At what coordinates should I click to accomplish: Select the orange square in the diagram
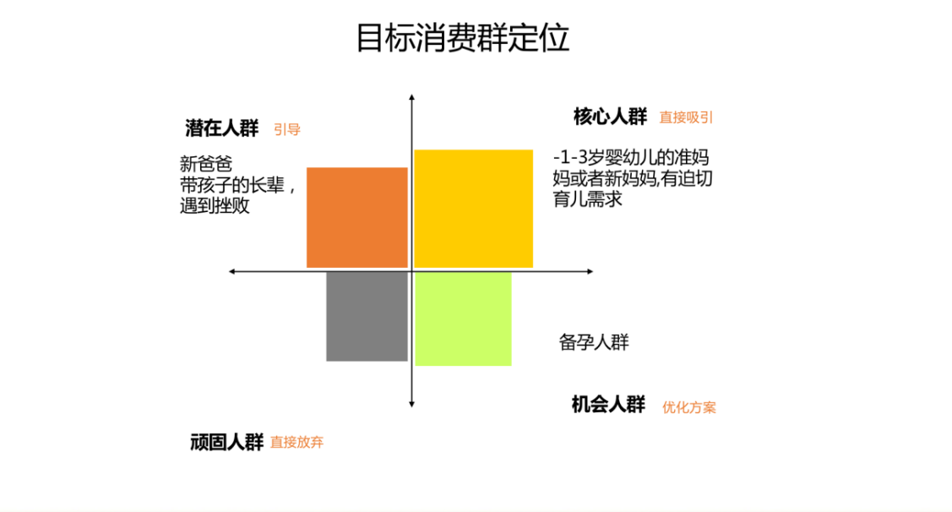click(356, 217)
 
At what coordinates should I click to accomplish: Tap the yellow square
click(473, 208)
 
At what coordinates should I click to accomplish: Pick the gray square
click(367, 316)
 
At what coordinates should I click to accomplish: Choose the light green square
click(463, 319)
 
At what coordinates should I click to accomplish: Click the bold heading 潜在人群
click(221, 128)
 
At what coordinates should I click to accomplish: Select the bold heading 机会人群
click(608, 405)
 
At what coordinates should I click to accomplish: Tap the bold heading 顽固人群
click(226, 442)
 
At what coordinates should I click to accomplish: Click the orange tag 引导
click(287, 130)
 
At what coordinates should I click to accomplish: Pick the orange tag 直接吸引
click(686, 118)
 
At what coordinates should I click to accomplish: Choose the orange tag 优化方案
click(689, 407)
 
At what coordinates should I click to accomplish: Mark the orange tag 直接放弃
click(296, 443)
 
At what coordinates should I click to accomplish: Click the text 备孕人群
click(594, 342)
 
